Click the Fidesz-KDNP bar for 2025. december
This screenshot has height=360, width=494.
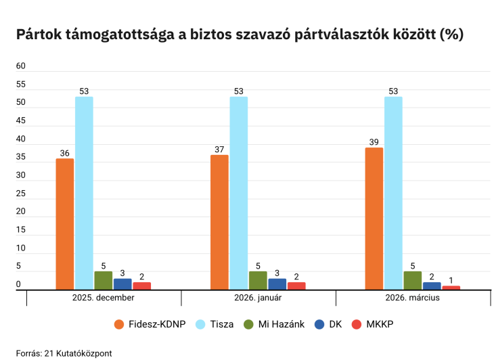pos(65,225)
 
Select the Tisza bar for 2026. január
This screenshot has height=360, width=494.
pos(239,194)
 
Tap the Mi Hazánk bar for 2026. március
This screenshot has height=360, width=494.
pos(413,281)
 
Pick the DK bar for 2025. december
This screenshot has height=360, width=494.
pos(122,284)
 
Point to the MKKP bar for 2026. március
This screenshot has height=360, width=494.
pos(451,288)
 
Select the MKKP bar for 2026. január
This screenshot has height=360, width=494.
pos(296,286)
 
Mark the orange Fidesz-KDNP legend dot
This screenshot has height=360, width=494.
pos(120,324)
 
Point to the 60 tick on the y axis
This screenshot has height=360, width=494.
pos(21,66)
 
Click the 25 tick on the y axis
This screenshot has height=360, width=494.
pos(21,194)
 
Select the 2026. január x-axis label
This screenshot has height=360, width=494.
pos(259,298)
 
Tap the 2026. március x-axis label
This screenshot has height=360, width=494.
pos(413,298)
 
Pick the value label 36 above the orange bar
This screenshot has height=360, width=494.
pos(65,153)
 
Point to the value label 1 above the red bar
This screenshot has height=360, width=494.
pos(451,280)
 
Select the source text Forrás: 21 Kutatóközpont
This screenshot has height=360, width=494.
pos(64,353)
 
